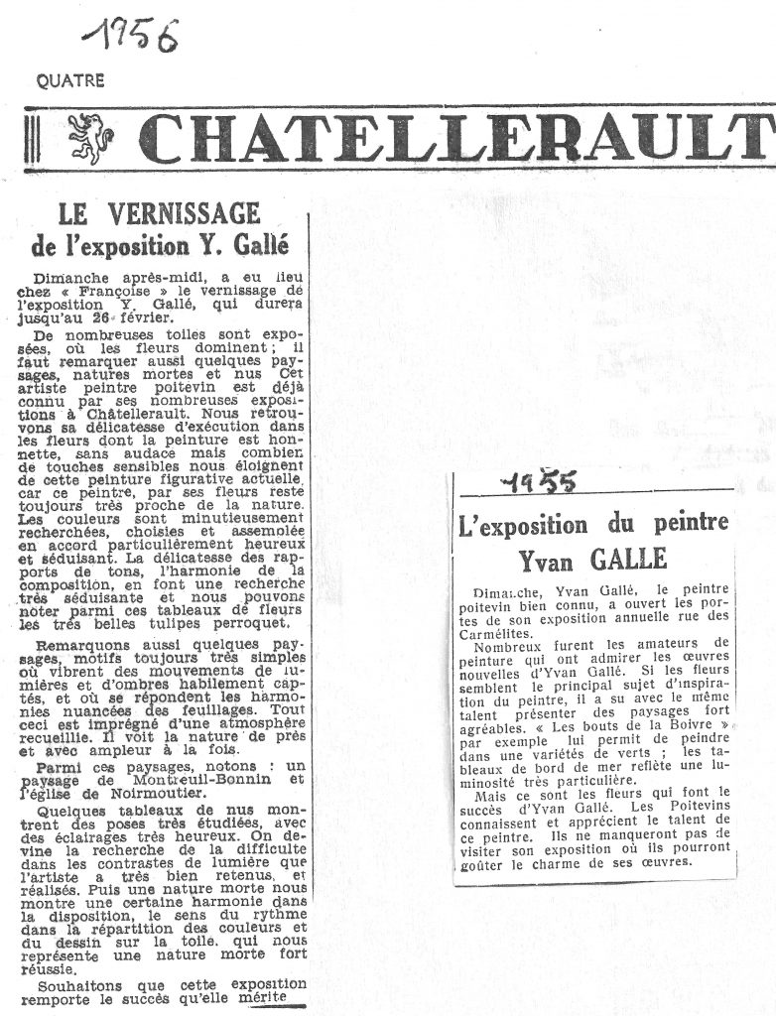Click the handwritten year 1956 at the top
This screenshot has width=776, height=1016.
[x=129, y=38]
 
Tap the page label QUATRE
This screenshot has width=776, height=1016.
[x=69, y=82]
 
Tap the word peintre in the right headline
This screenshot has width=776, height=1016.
[x=685, y=523]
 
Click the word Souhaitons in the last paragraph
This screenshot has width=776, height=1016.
[x=78, y=987]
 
